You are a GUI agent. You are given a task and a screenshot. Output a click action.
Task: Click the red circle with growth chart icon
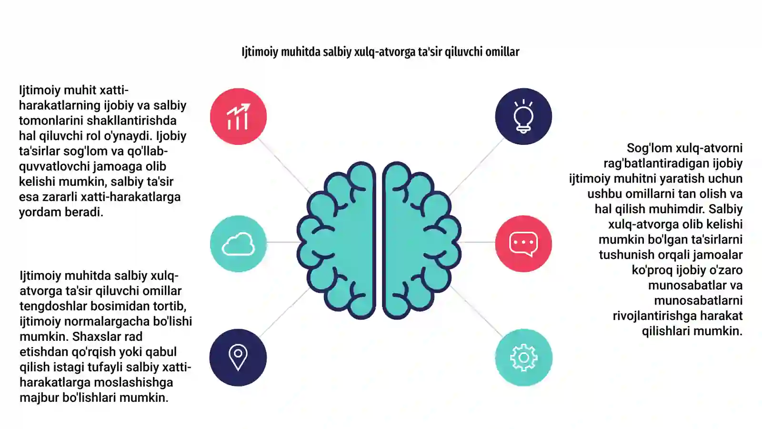(238, 116)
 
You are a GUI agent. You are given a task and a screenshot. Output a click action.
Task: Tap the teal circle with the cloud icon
(238, 244)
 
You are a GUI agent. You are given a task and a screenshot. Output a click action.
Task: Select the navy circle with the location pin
(238, 357)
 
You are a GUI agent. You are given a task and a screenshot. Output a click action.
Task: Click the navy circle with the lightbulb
(523, 116)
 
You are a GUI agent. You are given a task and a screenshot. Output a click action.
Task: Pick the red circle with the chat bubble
(523, 244)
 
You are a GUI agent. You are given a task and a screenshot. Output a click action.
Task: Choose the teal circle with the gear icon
(523, 357)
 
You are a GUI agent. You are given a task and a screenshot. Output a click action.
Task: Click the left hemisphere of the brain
(336, 240)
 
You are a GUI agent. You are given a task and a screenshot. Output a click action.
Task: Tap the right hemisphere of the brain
(422, 240)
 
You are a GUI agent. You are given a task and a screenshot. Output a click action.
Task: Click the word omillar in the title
(502, 52)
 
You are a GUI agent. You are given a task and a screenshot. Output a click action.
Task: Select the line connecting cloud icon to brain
(282, 242)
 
